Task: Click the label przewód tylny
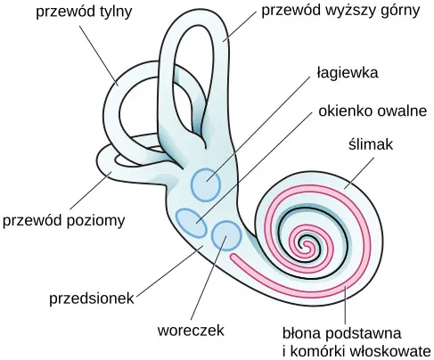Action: (x=84, y=12)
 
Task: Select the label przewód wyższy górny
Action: (x=340, y=11)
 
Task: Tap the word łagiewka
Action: (x=348, y=72)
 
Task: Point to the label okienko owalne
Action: (x=373, y=110)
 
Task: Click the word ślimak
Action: (x=371, y=144)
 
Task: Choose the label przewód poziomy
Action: (x=63, y=221)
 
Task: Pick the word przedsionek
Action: (x=92, y=298)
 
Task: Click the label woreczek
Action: (x=191, y=331)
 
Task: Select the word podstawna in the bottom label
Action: (x=364, y=334)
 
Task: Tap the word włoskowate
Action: (x=390, y=351)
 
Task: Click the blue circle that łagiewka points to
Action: (x=206, y=184)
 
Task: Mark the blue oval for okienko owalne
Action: (x=191, y=223)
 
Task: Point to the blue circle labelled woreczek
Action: (x=226, y=236)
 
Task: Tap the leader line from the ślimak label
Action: (x=359, y=173)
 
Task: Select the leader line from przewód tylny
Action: (x=99, y=55)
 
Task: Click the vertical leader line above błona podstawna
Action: (x=345, y=306)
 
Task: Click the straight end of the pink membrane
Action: (x=234, y=258)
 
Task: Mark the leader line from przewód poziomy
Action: (x=91, y=190)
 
